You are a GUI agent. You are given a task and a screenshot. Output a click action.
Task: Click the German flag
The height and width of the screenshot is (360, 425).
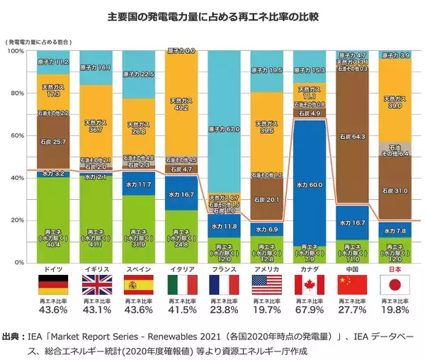[53, 285]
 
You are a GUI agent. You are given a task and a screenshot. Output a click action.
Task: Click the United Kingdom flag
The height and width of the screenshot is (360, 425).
[96, 285]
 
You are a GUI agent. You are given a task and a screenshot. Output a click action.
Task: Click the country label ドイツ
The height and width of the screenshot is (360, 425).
[53, 270]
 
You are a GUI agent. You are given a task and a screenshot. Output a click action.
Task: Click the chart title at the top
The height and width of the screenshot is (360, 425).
[212, 16]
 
